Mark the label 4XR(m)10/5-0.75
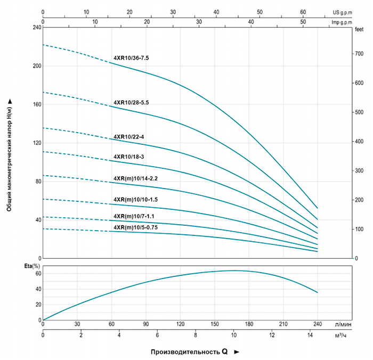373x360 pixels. point(136,227)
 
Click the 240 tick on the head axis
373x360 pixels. point(35,27)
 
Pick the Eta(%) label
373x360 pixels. point(33,266)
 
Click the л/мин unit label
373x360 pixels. point(343,324)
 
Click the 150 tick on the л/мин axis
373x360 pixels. point(214,324)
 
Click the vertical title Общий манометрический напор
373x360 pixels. point(10,154)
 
